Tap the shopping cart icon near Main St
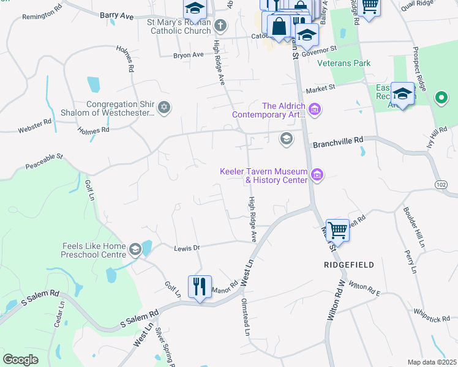[x=337, y=231]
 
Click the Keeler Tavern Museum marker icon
[x=317, y=176]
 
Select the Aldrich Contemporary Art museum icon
[x=315, y=110]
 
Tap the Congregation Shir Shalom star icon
[x=163, y=108]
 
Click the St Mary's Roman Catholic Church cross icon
[x=220, y=26]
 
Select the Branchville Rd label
[x=338, y=145]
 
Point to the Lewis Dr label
[x=187, y=248]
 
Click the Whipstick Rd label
[x=433, y=314]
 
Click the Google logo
[x=20, y=359]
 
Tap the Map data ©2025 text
[x=431, y=362]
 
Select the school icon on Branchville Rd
[x=285, y=139]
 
